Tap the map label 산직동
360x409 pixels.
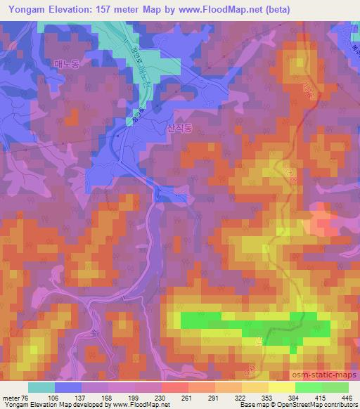pyautogui.click(x=181, y=128)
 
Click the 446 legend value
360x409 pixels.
pyautogui.click(x=347, y=397)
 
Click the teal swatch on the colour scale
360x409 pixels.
pyautogui.click(x=41, y=387)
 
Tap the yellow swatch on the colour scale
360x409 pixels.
pyautogui.click(x=281, y=387)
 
